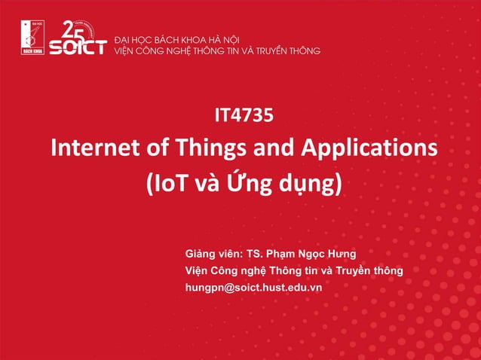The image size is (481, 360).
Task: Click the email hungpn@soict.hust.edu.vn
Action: [x=253, y=288]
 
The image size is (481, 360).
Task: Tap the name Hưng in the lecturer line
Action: [x=340, y=252]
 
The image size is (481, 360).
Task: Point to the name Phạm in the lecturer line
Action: [x=295, y=252]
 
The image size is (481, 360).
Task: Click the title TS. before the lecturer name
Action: [x=262, y=252]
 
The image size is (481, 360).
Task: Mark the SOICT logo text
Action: [x=77, y=47]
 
